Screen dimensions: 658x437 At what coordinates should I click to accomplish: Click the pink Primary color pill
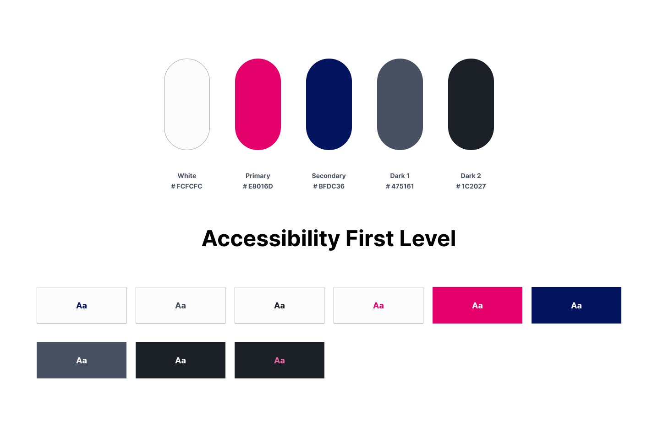(258, 104)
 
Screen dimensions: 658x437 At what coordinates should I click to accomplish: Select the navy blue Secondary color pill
(329, 104)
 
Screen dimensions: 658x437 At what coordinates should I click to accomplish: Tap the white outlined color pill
(187, 104)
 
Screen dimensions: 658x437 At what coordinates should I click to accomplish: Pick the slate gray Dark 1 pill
(400, 104)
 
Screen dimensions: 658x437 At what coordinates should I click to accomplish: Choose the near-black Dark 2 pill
(471, 104)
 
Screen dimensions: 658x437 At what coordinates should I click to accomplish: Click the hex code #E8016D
(258, 186)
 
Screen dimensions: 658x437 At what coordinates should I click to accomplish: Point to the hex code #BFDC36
(329, 186)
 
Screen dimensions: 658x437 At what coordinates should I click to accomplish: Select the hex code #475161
(400, 186)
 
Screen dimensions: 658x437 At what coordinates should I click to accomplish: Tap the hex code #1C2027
(471, 186)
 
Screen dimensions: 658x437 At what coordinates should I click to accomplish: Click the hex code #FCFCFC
(187, 186)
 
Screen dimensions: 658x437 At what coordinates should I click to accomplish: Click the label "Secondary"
(329, 176)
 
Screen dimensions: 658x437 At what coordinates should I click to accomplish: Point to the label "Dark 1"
(400, 176)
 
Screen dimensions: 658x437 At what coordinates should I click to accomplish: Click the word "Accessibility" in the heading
(271, 239)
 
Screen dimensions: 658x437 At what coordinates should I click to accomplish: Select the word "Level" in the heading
(428, 238)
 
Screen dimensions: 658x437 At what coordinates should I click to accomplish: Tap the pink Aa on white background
(378, 306)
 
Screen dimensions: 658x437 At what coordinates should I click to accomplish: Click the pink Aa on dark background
(280, 361)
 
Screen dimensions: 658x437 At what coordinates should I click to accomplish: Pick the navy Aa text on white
(82, 306)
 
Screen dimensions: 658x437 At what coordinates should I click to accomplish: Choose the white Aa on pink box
(477, 306)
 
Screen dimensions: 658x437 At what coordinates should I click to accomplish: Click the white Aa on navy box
(576, 306)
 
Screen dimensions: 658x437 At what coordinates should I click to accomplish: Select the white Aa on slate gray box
(82, 361)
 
